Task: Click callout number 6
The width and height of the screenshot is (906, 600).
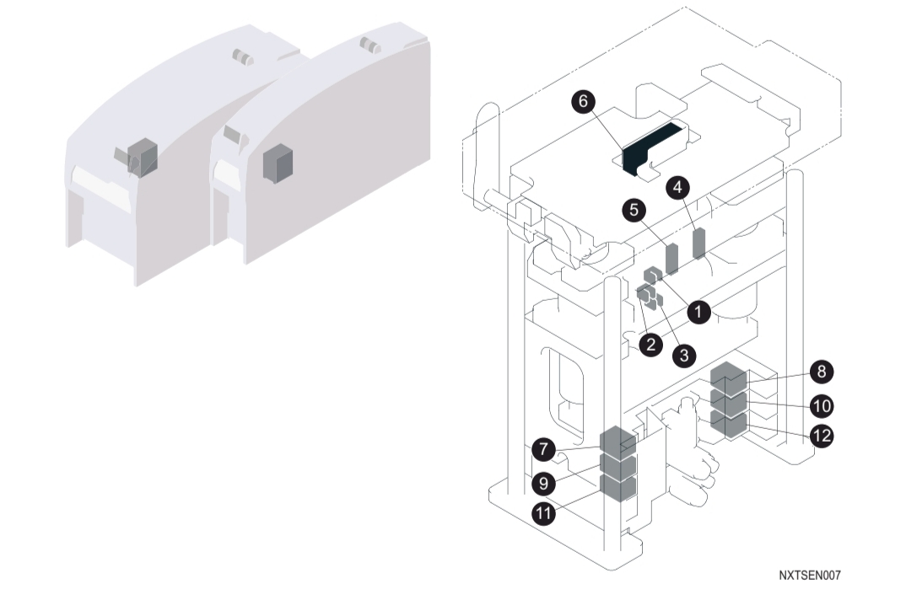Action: pos(581,102)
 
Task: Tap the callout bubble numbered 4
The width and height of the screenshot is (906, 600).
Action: pos(675,187)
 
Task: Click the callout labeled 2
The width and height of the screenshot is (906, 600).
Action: pos(650,345)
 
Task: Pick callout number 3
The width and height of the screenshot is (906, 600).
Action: pos(683,356)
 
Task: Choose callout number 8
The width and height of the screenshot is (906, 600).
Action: pos(820,372)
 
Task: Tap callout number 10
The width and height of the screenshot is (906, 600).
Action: pos(820,406)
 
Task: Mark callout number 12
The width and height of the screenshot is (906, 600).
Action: pos(820,437)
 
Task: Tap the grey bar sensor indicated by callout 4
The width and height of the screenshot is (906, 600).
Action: pos(698,243)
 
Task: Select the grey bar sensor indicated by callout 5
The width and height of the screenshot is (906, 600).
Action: pos(672,259)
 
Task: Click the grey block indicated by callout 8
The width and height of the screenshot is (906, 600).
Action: pos(729,378)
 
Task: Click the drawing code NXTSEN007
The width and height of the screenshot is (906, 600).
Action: pos(809,576)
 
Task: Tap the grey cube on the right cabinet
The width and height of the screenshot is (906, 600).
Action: pos(276,162)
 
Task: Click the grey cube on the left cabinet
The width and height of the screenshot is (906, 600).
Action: pos(143,155)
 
